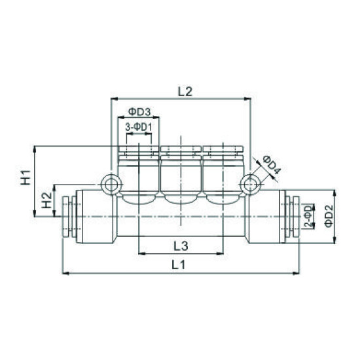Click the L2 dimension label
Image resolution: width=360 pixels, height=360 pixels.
(x=184, y=92)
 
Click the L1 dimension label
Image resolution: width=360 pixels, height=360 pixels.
(x=179, y=266)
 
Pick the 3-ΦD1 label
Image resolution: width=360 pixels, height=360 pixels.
(x=138, y=126)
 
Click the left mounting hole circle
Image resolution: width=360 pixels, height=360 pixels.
(x=111, y=184)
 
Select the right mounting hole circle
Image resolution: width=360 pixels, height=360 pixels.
(x=250, y=184)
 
